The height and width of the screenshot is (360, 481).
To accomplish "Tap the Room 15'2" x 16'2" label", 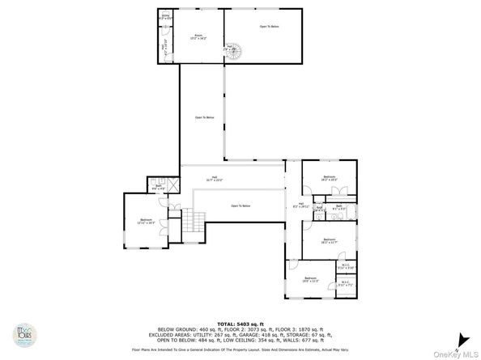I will (198, 37).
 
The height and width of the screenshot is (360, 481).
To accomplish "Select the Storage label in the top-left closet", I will (165, 16).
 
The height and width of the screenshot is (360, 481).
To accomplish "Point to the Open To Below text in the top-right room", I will (270, 28).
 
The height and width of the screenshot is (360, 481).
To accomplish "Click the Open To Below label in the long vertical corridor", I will (204, 118).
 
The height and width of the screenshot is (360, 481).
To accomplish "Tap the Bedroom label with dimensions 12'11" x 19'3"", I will (146, 220).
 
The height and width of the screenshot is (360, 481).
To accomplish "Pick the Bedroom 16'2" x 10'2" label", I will (329, 178).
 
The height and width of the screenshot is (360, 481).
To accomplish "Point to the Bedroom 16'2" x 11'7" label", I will (329, 240).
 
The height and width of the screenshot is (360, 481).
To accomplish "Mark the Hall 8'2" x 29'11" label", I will (300, 205).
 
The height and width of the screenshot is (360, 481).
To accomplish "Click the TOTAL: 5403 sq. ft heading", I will (240, 324).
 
